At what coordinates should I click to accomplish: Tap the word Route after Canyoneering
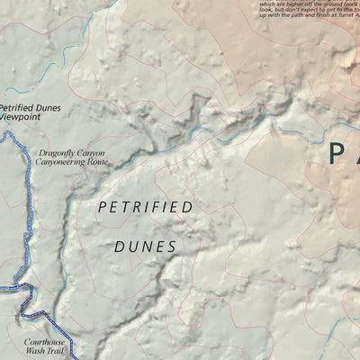point(97,163)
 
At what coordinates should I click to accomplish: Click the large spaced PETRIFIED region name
point(145,208)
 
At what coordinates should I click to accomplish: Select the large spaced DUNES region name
point(145,245)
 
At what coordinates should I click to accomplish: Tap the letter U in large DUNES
point(132,245)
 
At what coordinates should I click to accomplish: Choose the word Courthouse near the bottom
point(45,343)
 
